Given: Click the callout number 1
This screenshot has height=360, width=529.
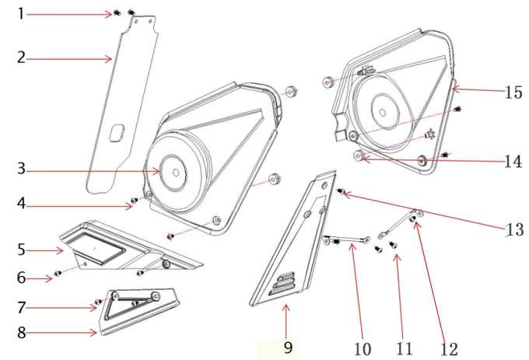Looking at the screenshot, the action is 21,14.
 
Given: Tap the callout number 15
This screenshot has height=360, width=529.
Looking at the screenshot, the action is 513,92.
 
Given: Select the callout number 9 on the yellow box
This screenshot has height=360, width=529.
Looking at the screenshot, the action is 288,348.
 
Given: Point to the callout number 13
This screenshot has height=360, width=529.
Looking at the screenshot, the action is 514,229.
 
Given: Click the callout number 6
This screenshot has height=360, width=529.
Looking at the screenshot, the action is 21,278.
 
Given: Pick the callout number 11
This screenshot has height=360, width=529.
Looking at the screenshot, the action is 405,348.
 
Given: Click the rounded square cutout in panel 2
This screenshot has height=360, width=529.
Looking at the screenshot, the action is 117,132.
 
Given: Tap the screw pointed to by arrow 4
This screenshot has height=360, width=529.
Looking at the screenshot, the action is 135,201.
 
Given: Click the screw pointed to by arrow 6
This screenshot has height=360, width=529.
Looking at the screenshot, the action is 58,273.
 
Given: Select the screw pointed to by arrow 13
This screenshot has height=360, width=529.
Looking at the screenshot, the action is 341,191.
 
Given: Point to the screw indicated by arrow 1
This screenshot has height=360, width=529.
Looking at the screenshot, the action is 117,12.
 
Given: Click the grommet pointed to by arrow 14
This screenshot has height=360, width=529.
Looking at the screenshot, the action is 358,156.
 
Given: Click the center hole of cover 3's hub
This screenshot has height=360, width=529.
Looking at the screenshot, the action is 176,173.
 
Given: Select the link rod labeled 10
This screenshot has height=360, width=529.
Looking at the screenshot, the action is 347,240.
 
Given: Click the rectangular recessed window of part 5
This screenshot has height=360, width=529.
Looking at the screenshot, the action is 96,249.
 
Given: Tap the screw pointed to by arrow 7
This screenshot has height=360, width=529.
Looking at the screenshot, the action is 98,302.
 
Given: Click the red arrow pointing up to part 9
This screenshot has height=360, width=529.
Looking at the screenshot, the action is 286,321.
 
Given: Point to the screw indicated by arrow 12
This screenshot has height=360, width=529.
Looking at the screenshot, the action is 412,219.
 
